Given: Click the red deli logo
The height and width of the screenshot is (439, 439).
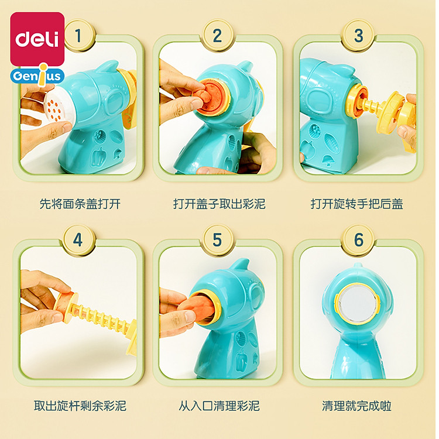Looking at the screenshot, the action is (x=37, y=39).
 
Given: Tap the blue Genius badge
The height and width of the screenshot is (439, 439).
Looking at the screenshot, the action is (x=37, y=76).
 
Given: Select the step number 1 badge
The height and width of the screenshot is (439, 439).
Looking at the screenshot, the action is (x=78, y=35).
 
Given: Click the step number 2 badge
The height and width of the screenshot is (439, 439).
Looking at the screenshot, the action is (x=218, y=35).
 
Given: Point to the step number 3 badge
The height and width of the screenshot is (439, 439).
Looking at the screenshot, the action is (x=359, y=35).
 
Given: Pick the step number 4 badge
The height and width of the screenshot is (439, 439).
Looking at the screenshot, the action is (x=78, y=239).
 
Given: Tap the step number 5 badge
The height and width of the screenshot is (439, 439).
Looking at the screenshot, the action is (x=218, y=239).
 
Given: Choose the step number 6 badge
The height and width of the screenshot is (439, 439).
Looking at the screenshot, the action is (x=359, y=239).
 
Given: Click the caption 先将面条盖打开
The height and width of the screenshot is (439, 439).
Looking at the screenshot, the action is (x=80, y=204).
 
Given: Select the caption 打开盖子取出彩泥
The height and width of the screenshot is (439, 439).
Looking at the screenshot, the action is (x=220, y=204).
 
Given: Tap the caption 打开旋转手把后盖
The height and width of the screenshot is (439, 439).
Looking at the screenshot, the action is (x=357, y=204).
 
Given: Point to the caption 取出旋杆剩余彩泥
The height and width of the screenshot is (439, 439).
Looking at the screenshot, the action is (x=80, y=406).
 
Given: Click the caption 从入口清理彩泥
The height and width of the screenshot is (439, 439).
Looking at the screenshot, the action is (x=220, y=406).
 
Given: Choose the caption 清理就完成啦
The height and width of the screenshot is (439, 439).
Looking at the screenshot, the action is (x=356, y=406).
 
